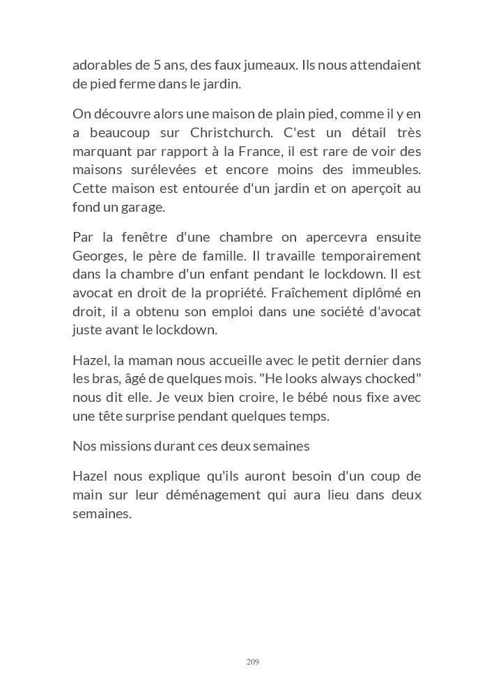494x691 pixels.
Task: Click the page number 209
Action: pyautogui.click(x=252, y=661)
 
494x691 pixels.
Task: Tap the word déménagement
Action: pyautogui.click(x=206, y=495)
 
